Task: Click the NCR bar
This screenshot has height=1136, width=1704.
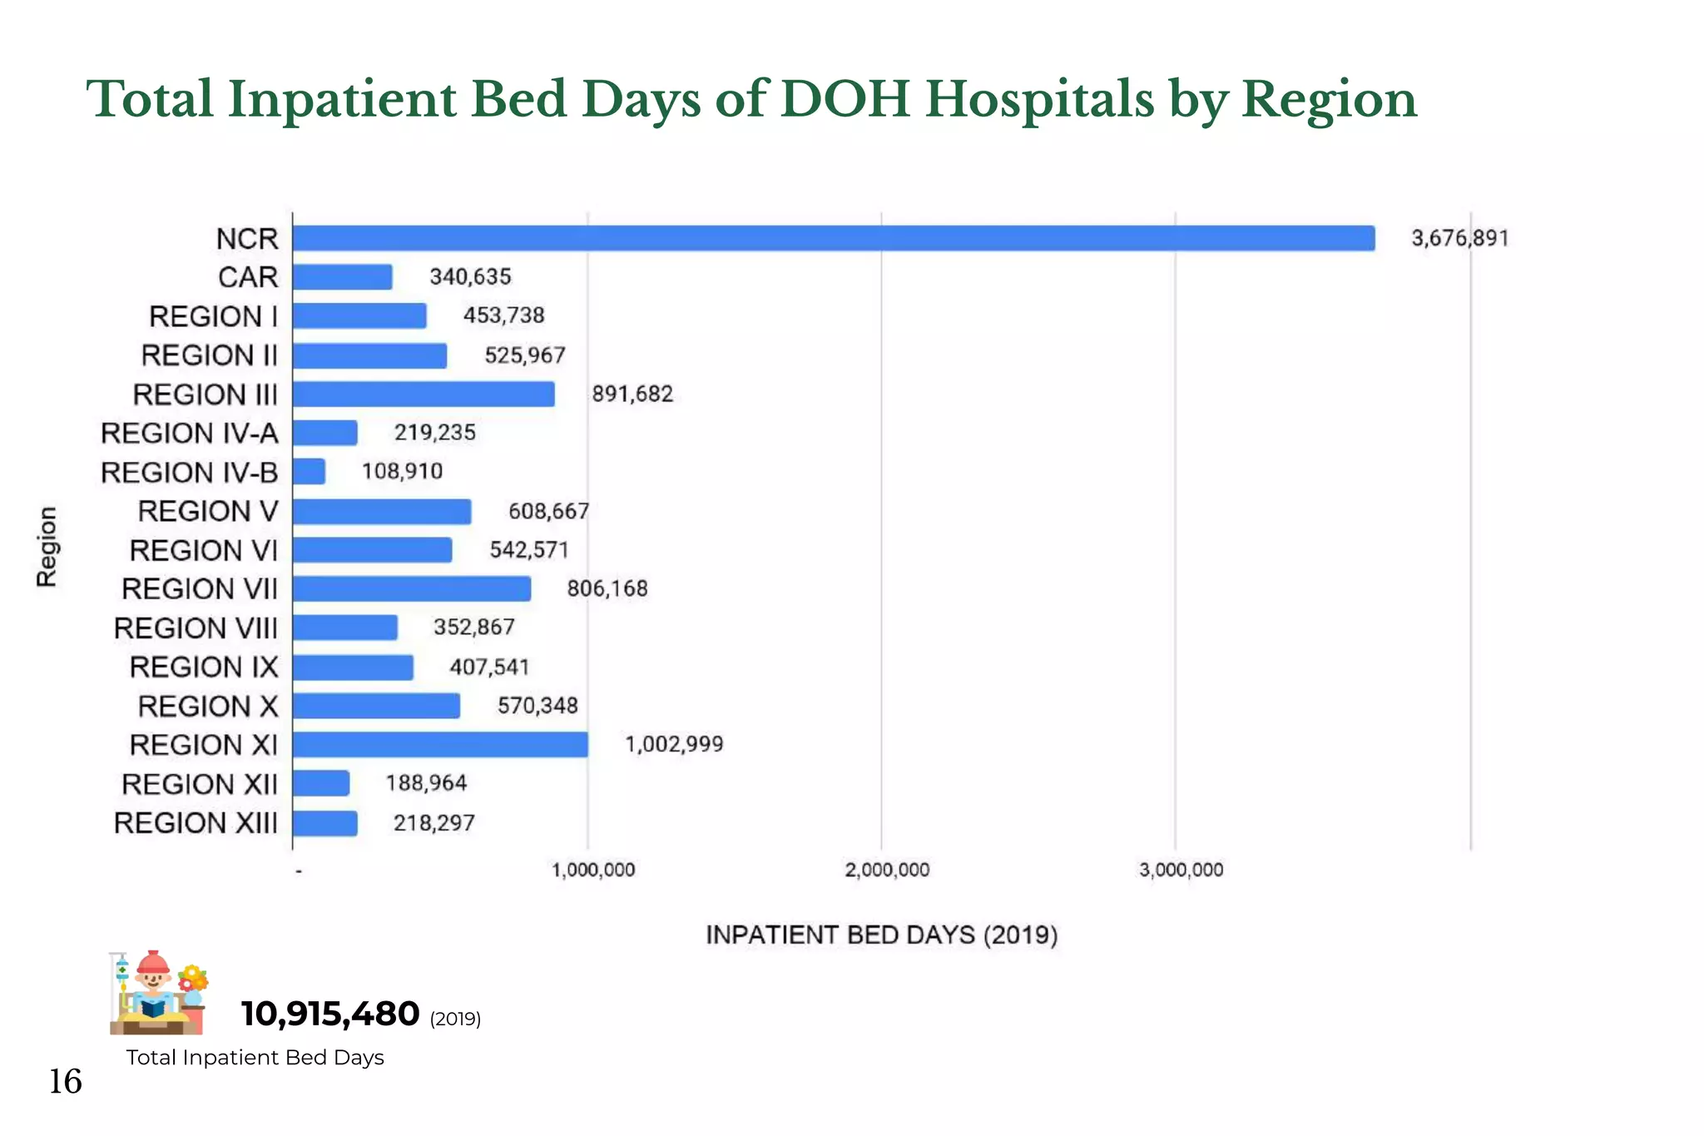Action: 832,238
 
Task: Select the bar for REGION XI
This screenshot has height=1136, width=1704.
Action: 440,745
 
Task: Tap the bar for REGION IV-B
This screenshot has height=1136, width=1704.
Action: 309,472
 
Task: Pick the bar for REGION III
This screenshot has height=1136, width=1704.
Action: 424,394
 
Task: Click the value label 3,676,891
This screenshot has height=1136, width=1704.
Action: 1459,238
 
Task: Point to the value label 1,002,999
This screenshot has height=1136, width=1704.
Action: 674,744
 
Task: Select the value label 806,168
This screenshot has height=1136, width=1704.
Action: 607,588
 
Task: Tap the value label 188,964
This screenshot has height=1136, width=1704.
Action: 426,783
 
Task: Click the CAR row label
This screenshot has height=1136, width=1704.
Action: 248,277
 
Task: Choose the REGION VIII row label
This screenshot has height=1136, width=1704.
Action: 196,628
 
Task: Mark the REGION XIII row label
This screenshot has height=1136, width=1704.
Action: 196,823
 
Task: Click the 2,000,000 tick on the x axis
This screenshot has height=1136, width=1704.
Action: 887,871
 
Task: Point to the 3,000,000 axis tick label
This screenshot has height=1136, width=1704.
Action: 1181,871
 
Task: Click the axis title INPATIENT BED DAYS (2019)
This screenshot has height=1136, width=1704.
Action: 881,935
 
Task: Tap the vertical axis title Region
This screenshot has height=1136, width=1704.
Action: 47,547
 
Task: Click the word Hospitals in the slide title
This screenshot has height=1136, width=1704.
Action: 1040,99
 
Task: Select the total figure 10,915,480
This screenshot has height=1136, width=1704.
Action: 329,1014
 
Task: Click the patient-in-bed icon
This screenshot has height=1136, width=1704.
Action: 157,993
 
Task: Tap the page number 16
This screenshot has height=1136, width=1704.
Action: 65,1081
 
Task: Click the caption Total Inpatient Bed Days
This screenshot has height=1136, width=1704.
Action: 255,1058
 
